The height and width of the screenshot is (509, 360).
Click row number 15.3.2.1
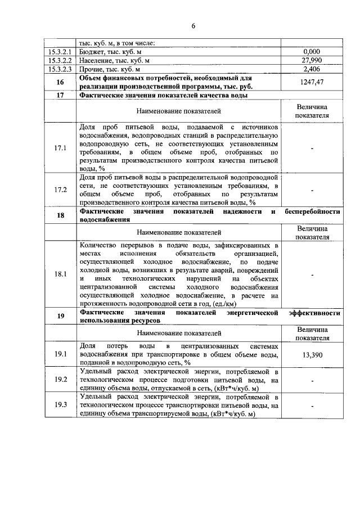[x=61, y=52]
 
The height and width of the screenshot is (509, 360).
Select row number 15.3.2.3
[x=61, y=69]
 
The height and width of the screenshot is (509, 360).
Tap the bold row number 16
[x=61, y=82]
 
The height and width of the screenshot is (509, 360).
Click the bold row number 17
[x=61, y=96]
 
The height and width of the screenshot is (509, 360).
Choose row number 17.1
[x=61, y=148]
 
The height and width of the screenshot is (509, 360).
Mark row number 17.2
[x=61, y=190]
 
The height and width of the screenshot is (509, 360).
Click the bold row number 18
[x=61, y=216]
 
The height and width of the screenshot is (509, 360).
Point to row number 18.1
[x=61, y=274]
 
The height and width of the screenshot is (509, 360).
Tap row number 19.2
[x=61, y=380]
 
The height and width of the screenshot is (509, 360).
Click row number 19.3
[x=61, y=405]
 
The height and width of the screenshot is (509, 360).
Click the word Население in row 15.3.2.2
[x=97, y=60]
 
